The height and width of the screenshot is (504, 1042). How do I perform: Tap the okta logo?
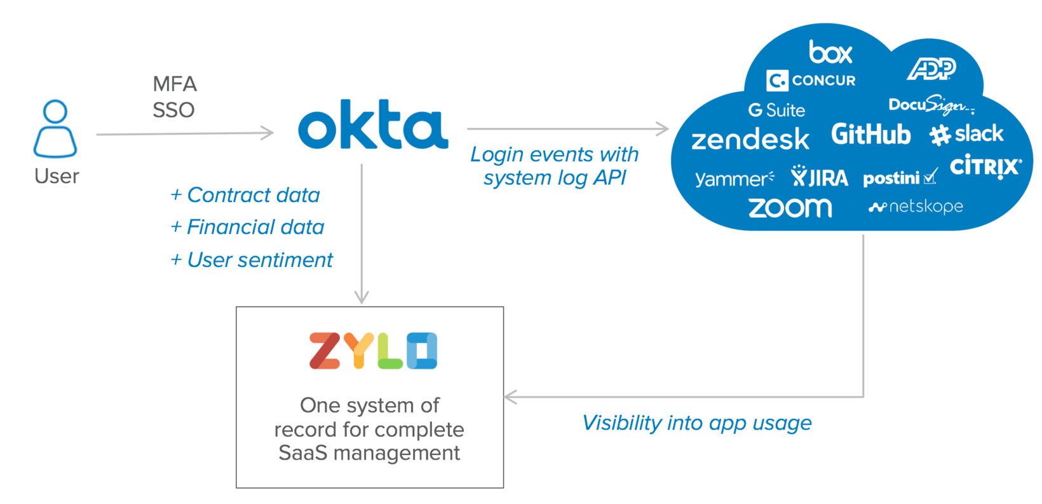click(373, 125)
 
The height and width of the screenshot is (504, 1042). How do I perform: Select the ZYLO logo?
click(373, 350)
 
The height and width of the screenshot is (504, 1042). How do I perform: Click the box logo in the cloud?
click(830, 52)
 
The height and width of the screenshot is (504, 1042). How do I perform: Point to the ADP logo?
click(931, 69)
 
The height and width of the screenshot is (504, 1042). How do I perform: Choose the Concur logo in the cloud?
click(811, 81)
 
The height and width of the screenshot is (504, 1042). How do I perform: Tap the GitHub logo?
click(870, 135)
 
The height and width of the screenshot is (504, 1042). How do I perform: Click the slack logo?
click(966, 134)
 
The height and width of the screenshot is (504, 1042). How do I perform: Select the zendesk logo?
click(750, 139)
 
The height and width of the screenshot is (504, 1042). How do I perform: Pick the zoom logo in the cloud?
click(790, 208)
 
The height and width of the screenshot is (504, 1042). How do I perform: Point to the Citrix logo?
click(985, 167)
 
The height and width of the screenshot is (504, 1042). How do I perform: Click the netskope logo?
click(916, 207)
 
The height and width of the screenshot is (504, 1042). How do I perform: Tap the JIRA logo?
click(820, 177)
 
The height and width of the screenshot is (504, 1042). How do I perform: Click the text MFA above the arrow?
click(175, 84)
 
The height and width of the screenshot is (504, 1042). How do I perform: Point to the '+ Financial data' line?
click(248, 227)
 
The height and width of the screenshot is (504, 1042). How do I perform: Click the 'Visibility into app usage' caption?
click(697, 423)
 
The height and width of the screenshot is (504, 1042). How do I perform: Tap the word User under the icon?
click(57, 176)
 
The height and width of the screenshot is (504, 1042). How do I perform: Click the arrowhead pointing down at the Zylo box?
click(362, 297)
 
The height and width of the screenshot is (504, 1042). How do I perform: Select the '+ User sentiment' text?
click(252, 260)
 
